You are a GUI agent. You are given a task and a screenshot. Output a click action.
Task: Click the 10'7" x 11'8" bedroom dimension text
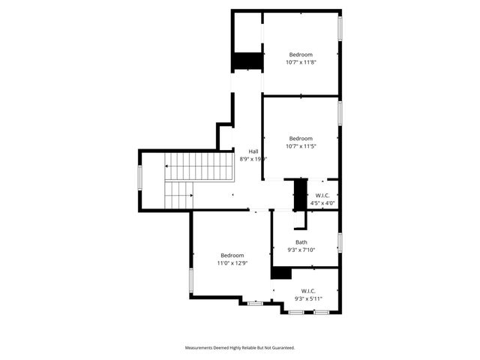click(x=301, y=62)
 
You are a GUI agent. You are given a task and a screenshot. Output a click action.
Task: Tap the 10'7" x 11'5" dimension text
click(x=301, y=146)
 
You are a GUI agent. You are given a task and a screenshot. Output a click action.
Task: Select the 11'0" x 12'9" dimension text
click(x=232, y=263)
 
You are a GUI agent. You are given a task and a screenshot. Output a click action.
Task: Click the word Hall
click(x=253, y=151)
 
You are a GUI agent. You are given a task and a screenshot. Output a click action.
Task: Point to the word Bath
click(x=301, y=242)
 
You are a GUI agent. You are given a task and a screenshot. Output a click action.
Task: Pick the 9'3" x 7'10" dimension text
click(x=301, y=250)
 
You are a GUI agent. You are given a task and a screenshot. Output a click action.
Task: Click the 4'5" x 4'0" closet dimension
click(x=322, y=202)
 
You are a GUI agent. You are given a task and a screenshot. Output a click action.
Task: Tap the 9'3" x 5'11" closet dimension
click(x=307, y=298)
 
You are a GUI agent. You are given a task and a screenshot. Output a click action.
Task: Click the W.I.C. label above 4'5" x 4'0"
click(x=322, y=195)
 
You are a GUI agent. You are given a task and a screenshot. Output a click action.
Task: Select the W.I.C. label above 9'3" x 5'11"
click(x=307, y=290)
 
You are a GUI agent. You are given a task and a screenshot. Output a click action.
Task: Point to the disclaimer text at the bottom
click(x=240, y=347)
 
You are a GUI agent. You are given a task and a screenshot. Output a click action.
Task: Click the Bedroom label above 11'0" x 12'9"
click(x=232, y=255)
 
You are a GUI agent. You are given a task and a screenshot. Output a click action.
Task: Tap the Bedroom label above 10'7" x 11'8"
click(x=301, y=54)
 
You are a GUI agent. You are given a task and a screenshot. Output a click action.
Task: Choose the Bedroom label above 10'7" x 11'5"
click(x=301, y=138)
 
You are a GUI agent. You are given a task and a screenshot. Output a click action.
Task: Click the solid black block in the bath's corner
click(x=281, y=273)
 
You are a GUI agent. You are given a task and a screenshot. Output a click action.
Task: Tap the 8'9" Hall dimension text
click(x=253, y=159)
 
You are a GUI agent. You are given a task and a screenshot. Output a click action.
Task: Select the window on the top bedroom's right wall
click(x=340, y=28)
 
